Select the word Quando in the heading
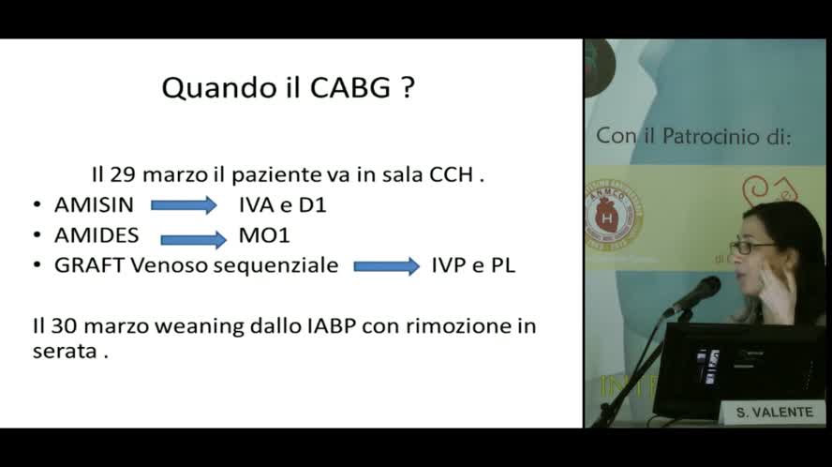[211, 89]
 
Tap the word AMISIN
[94, 204]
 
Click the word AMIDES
[97, 235]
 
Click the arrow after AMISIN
[184, 205]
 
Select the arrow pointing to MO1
[194, 238]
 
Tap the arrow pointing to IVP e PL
[386, 266]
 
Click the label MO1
[264, 235]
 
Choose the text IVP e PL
[473, 265]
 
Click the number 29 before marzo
[124, 174]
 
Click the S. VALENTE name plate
[773, 413]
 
